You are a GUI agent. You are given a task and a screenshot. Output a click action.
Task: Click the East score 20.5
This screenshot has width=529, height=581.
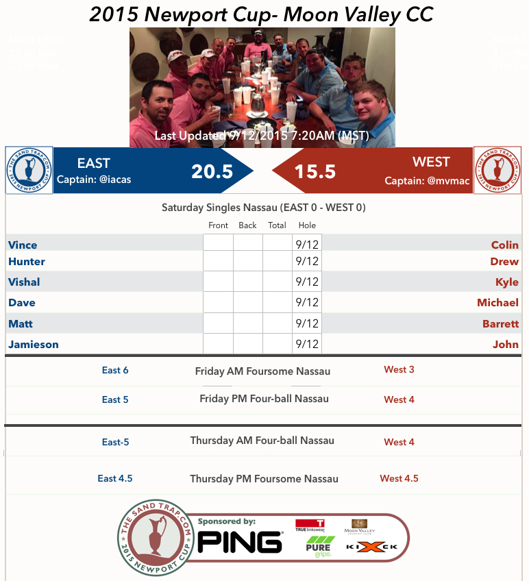point(212,171)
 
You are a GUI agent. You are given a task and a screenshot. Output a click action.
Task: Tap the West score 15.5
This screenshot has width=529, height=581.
point(315,171)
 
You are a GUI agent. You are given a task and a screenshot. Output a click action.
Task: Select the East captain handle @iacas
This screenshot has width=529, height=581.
point(93,180)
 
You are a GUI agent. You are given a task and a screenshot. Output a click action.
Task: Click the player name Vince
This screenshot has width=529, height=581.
point(23,245)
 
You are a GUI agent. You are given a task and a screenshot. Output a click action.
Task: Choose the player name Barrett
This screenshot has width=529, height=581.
point(500,323)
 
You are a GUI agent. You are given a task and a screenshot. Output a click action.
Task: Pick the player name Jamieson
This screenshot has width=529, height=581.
point(34,345)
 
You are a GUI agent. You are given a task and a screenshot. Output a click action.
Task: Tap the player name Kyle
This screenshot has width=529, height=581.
point(507,282)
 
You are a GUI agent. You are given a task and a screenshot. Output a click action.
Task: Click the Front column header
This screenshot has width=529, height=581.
point(218,225)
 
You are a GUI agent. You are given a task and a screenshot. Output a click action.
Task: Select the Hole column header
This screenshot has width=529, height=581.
point(307,225)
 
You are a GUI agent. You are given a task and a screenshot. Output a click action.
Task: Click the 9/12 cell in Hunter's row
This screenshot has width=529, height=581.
point(307,261)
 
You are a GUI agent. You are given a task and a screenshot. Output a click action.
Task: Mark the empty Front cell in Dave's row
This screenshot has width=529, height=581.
point(218,302)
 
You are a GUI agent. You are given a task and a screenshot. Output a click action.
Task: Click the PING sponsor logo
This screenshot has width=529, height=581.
point(240,542)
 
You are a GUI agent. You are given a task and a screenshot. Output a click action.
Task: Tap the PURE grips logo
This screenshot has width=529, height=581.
point(318,547)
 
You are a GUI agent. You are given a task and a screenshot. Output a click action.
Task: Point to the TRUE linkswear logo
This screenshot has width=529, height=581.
point(310,526)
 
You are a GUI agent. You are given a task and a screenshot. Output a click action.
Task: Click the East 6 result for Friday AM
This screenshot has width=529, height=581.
point(115,371)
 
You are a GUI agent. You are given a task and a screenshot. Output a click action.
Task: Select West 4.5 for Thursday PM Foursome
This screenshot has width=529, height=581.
point(399,479)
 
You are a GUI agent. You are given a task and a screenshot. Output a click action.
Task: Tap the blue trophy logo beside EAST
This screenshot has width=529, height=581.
point(29,170)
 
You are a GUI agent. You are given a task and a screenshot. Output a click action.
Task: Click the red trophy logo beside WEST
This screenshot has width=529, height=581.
point(498,170)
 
